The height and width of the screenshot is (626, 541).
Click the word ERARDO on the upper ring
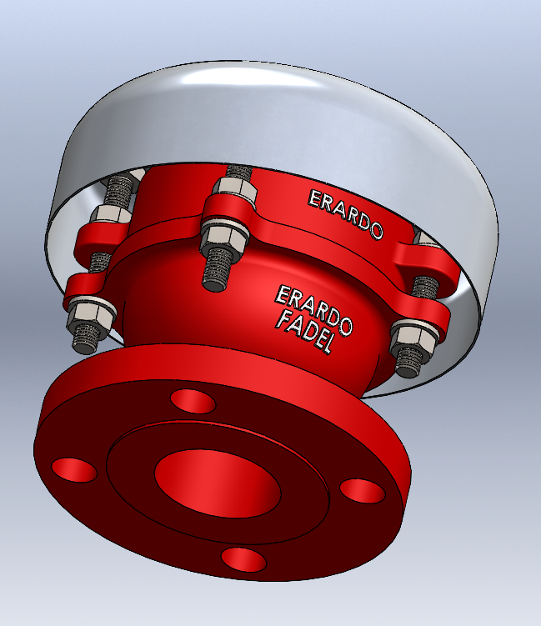pyautogui.click(x=346, y=214)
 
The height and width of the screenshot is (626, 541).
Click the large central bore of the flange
pyautogui.click(x=218, y=483)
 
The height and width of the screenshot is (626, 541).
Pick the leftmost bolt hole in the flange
pyautogui.click(x=74, y=469)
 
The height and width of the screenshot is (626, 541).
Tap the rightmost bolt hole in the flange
pyautogui.click(x=363, y=491)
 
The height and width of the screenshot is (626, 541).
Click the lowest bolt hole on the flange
pyautogui.click(x=243, y=559)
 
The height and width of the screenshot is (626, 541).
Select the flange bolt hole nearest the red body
pyautogui.click(x=193, y=401)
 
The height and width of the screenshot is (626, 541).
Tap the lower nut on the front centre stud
pyautogui.click(x=225, y=238)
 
